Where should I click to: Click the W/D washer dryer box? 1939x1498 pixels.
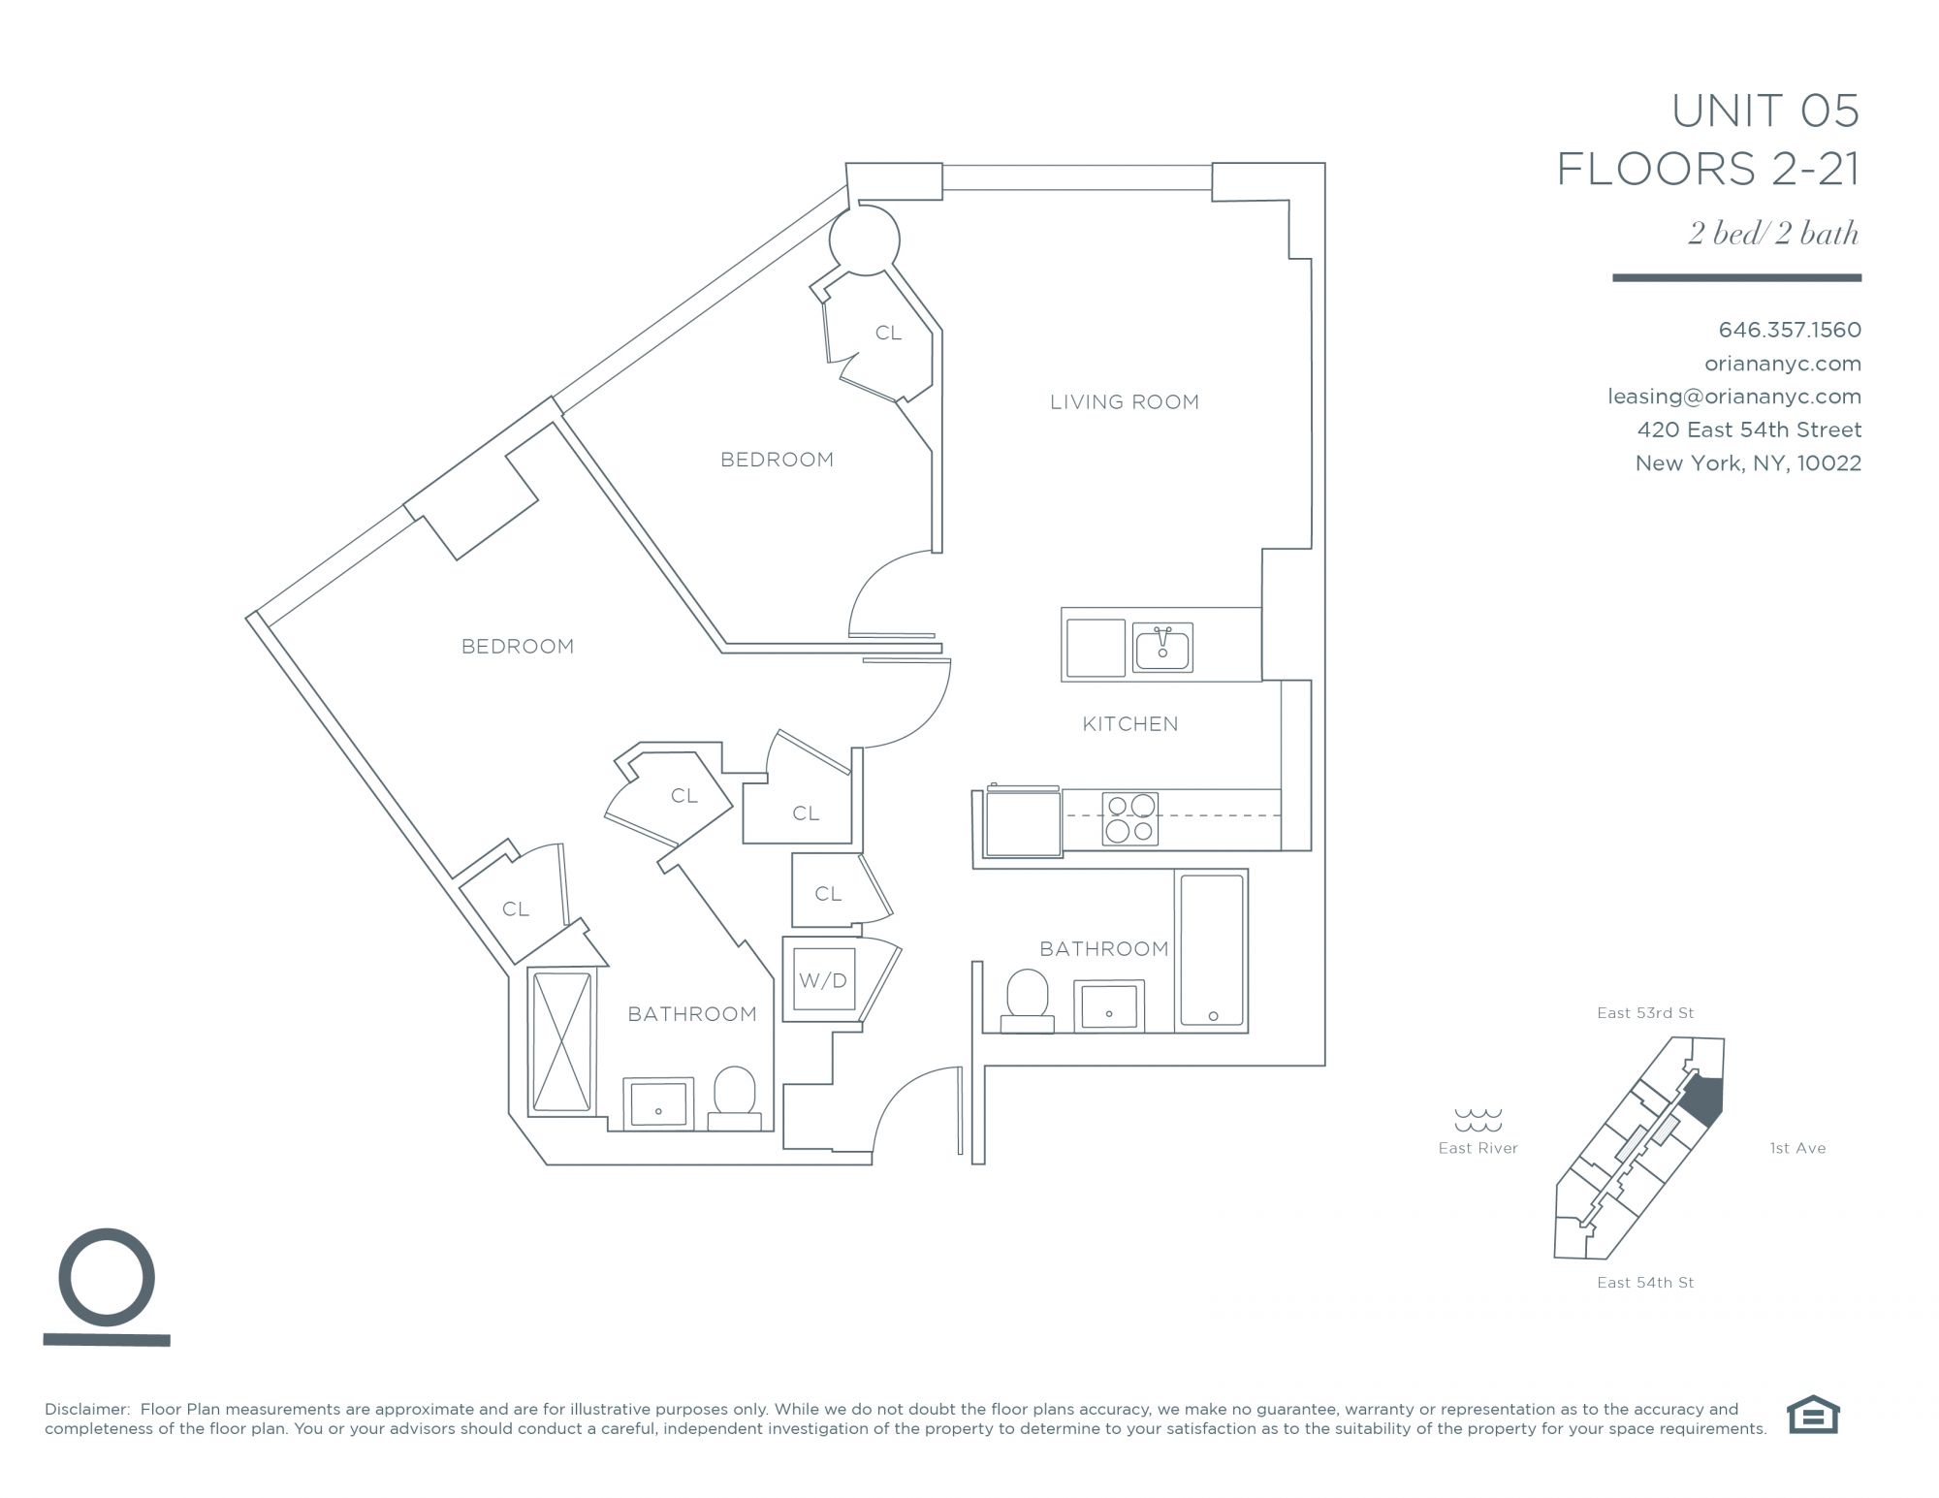tap(823, 978)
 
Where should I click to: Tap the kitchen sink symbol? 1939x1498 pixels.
tap(1162, 647)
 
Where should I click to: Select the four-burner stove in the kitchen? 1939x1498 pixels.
tap(1130, 818)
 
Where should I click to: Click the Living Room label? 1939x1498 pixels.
tap(1125, 401)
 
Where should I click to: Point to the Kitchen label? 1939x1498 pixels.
tap(1130, 723)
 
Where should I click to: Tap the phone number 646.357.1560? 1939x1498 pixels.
tap(1790, 330)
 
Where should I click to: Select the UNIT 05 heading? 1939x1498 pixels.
tap(1765, 112)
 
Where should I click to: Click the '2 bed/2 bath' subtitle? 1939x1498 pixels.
tap(1773, 234)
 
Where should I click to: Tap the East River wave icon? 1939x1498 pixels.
tap(1478, 1120)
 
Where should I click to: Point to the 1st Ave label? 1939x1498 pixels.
tap(1797, 1148)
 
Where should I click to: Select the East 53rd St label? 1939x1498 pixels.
tap(1645, 1013)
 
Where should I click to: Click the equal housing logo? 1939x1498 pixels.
tap(1813, 1414)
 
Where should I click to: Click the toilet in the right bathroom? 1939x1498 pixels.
tap(1028, 1002)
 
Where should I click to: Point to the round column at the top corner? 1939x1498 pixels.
tap(864, 239)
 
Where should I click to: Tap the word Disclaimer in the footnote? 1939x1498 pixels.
tap(87, 1409)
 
